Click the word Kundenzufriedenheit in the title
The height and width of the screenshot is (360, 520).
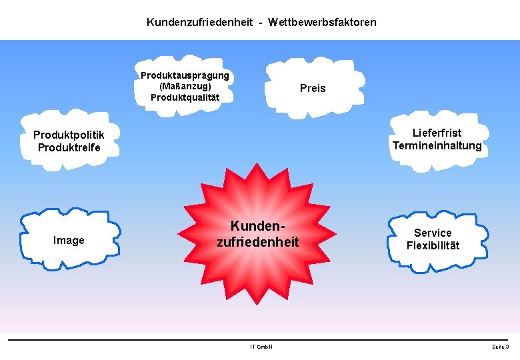[199, 23]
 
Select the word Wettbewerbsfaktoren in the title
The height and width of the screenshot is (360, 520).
[322, 23]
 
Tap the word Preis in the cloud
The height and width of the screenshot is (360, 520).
[313, 89]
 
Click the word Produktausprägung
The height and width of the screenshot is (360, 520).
[185, 75]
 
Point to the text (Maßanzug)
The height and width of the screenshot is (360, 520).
[185, 86]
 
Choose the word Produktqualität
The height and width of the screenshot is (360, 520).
[185, 97]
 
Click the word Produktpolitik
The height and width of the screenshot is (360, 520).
[69, 135]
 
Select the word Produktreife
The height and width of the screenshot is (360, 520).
[69, 147]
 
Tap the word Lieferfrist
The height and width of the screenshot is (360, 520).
[437, 133]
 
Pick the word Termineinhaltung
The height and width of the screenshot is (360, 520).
[437, 146]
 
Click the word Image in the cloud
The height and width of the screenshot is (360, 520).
[69, 241]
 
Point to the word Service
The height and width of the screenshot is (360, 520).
[433, 233]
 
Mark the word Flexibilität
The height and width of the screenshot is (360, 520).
[433, 245]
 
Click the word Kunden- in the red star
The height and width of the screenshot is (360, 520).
[257, 227]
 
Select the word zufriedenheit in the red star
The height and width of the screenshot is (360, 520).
[257, 242]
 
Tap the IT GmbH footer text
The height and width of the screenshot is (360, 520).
[261, 347]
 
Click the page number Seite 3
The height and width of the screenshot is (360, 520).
[500, 347]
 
